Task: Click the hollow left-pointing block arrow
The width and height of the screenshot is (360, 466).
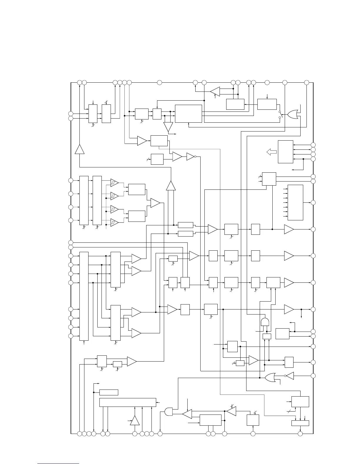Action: click(271, 152)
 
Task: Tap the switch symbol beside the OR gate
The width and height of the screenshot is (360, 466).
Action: click(280, 115)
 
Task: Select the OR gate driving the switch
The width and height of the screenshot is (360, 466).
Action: click(292, 114)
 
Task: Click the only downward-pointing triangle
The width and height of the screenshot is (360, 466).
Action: click(168, 127)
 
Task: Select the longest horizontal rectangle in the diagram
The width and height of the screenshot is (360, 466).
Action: click(128, 402)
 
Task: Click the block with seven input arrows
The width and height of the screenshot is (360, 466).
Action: click(295, 202)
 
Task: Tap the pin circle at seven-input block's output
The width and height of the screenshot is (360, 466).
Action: click(313, 202)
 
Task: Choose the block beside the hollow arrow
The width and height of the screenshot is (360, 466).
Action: click(285, 152)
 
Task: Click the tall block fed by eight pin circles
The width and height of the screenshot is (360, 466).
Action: click(84, 296)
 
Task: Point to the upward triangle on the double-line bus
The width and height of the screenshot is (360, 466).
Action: click(171, 186)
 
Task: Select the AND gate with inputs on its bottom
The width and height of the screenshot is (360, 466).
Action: click(265, 322)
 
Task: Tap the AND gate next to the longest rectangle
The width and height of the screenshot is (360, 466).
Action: click(169, 411)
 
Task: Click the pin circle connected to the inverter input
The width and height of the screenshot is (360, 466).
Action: click(313, 376)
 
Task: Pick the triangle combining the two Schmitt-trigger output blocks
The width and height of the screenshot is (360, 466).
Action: click(155, 203)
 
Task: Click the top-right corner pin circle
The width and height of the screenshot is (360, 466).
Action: click(306, 83)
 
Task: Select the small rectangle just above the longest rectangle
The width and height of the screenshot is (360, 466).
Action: click(109, 392)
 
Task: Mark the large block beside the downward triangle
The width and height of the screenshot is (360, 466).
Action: click(188, 114)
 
